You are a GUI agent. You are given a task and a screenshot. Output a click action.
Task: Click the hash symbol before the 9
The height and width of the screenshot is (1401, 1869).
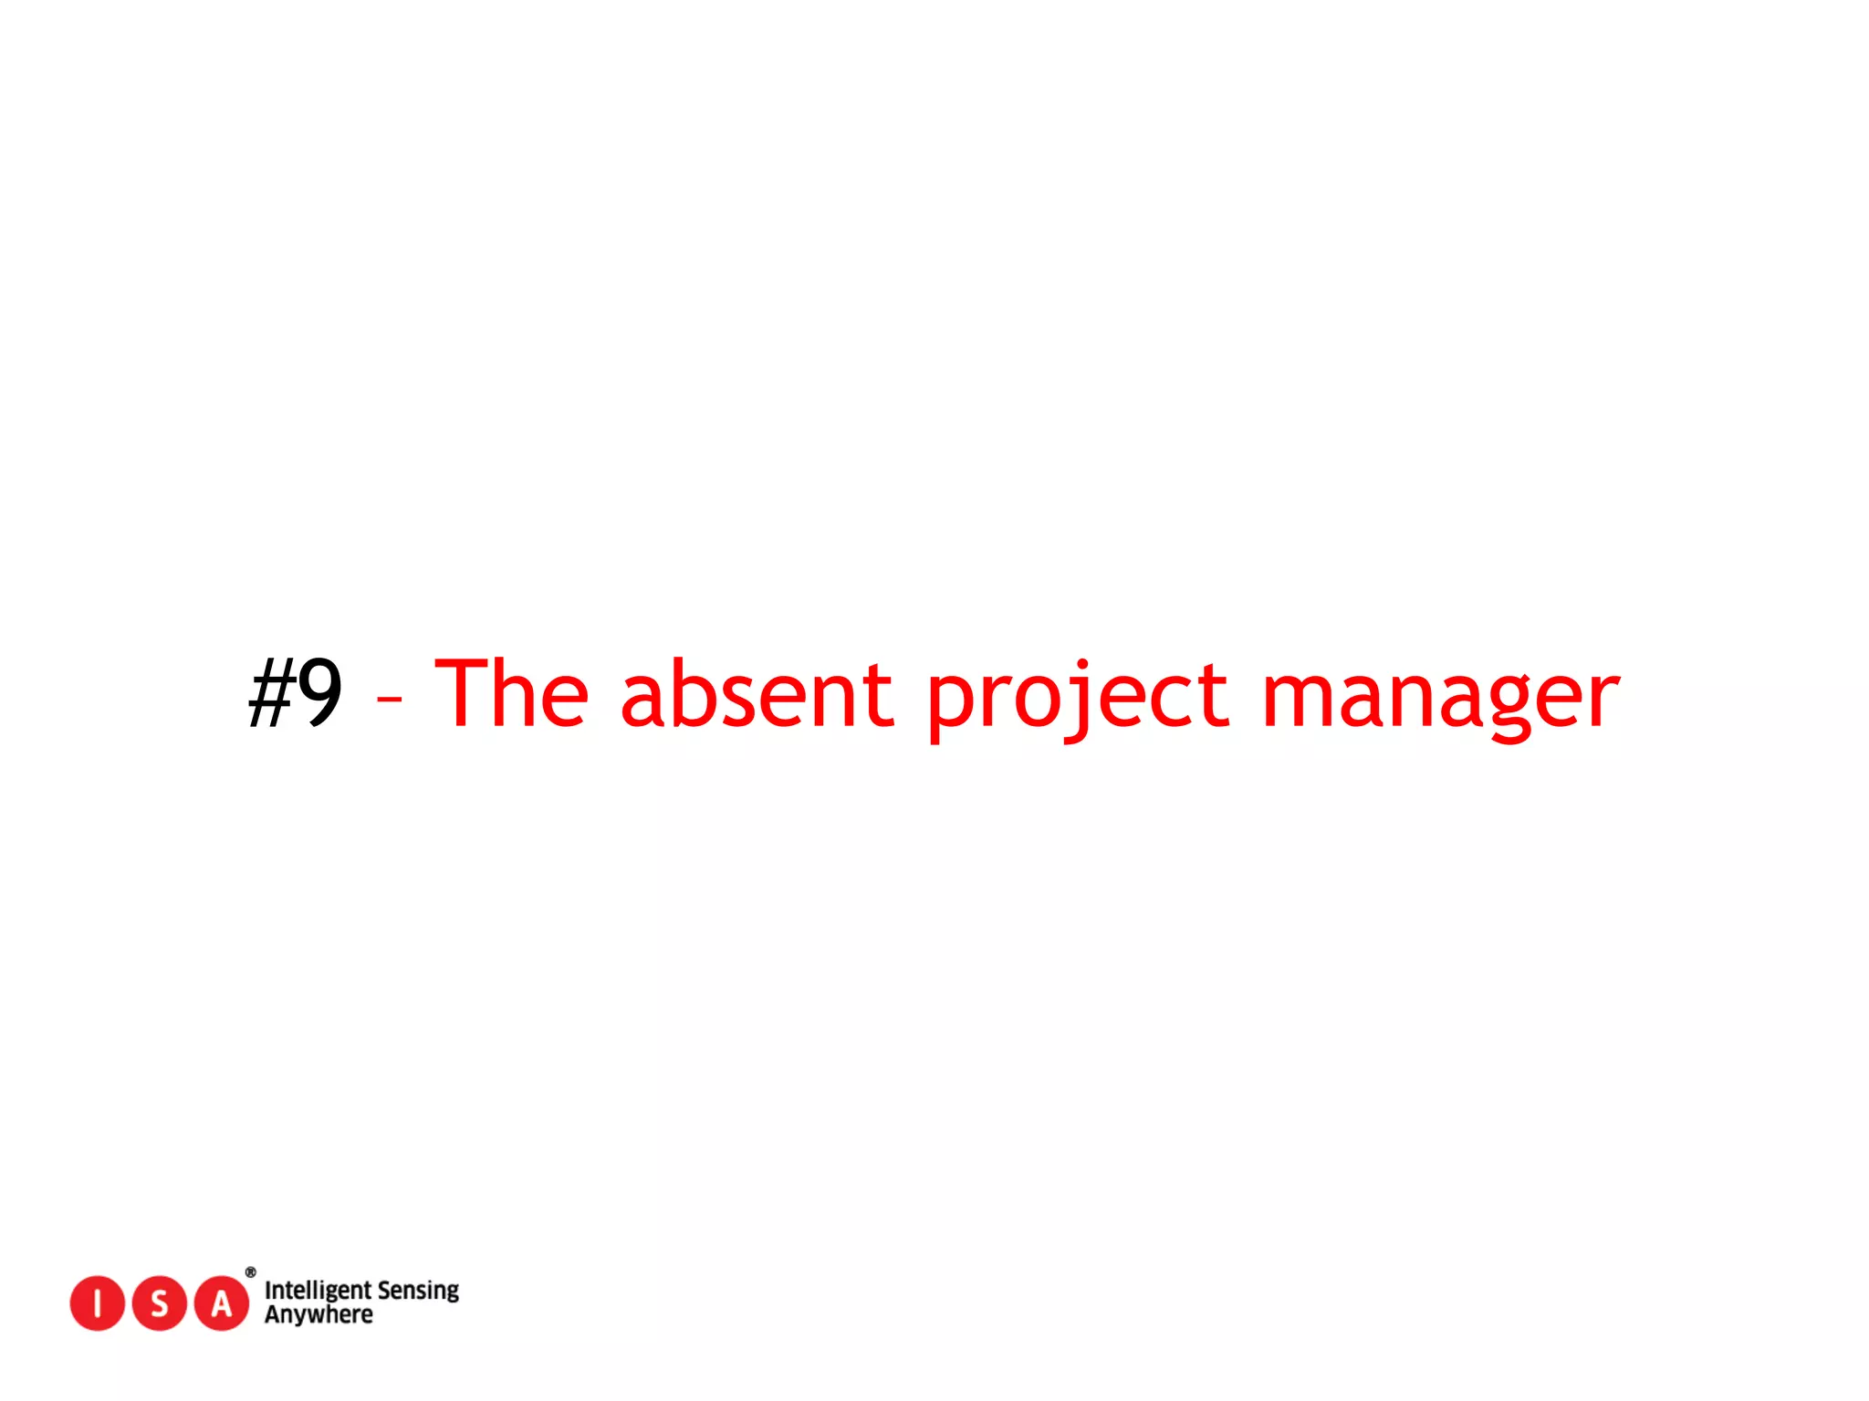click(x=271, y=695)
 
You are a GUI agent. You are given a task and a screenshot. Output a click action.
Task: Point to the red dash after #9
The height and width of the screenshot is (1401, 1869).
click(x=389, y=700)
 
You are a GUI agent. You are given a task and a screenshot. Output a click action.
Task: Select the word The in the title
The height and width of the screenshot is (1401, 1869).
click(x=512, y=693)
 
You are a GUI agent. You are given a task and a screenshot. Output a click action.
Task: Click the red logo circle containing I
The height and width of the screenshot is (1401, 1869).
click(x=97, y=1303)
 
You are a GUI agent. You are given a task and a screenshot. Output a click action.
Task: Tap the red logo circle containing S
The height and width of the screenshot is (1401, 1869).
click(x=160, y=1303)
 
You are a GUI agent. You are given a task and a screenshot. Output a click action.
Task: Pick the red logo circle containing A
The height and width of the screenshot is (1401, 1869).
click(x=222, y=1303)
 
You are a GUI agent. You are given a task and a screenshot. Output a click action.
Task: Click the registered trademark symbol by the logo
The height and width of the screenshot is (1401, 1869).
click(x=251, y=1272)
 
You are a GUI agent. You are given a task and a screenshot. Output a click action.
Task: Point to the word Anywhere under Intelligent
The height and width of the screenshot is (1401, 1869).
click(x=318, y=1315)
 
